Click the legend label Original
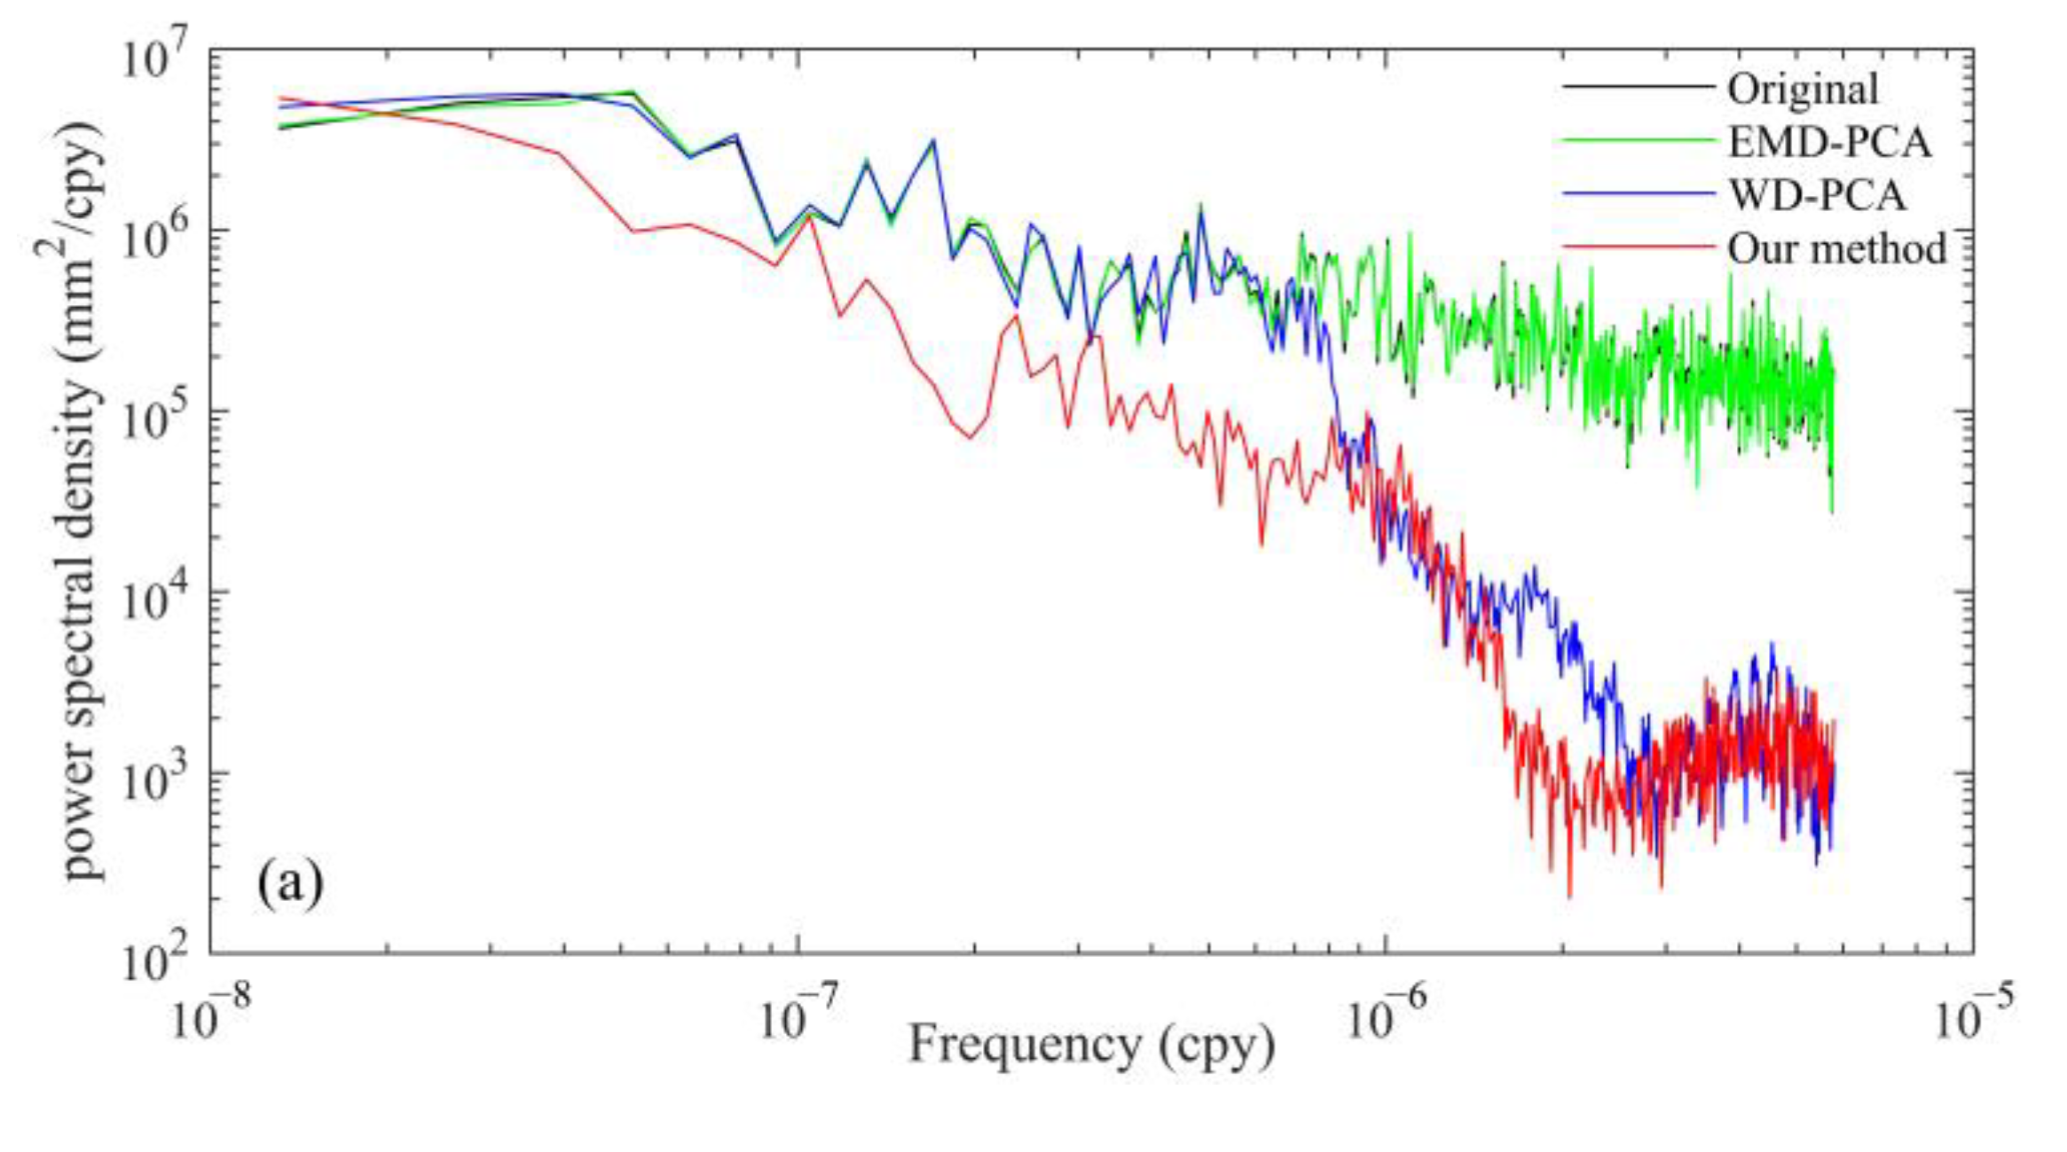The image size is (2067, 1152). (1802, 89)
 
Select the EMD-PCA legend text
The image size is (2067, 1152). (1829, 142)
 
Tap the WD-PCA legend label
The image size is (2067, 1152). (1817, 195)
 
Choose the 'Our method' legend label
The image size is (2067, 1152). (1836, 248)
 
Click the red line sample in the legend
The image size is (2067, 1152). (1638, 247)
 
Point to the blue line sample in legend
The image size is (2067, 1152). (1638, 194)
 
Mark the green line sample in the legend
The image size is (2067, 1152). (1638, 141)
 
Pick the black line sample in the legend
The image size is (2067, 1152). (1638, 87)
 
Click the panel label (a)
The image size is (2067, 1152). (290, 884)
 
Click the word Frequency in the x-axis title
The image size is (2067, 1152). (1024, 1044)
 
